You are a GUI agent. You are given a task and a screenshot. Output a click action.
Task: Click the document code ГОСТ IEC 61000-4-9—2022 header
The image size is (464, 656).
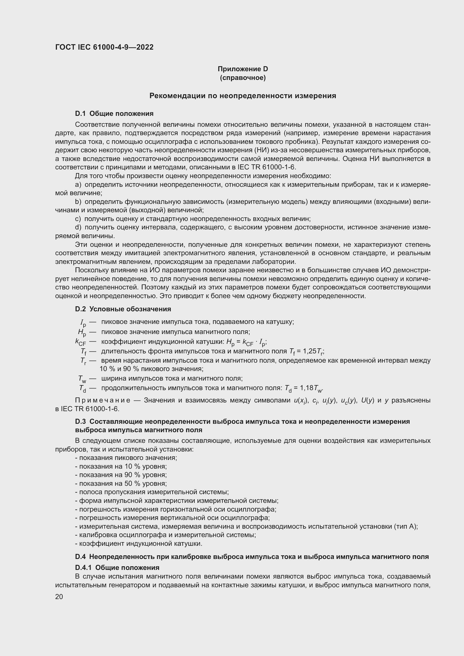tap(104, 47)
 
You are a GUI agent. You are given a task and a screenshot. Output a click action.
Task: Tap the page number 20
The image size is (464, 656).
tap(59, 597)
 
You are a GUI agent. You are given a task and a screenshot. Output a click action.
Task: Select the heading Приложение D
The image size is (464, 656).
tap(243, 69)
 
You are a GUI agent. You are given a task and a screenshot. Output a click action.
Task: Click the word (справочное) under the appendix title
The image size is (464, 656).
tap(243, 78)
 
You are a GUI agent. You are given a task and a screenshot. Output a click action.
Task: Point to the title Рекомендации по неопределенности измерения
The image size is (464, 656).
tap(243, 96)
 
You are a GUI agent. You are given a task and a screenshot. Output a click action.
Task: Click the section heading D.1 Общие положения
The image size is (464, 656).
tap(114, 113)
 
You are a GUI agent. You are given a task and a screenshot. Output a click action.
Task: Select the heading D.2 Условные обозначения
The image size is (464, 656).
tap(123, 309)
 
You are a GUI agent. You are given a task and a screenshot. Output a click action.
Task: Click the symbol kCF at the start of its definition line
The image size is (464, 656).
tap(80, 342)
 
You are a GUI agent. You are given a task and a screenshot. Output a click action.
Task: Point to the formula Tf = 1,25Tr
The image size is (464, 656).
tap(306, 351)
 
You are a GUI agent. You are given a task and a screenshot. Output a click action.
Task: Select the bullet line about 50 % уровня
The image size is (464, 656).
tap(121, 484)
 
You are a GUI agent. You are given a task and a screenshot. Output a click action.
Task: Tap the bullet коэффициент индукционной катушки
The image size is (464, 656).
tap(139, 544)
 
